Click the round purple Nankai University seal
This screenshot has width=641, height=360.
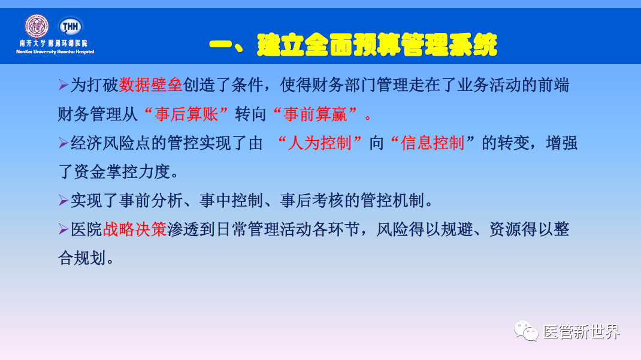click(x=37, y=26)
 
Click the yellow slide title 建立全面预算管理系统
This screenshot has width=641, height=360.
click(x=353, y=44)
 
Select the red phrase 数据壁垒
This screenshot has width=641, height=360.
click(x=150, y=84)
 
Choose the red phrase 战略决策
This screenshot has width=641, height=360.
click(x=135, y=229)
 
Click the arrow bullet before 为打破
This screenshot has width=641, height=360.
click(x=64, y=84)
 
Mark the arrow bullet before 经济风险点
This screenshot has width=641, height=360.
click(x=64, y=143)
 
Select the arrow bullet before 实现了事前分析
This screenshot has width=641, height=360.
click(x=64, y=200)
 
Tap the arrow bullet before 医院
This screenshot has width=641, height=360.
click(x=64, y=229)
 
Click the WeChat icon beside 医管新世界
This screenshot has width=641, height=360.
click(x=525, y=331)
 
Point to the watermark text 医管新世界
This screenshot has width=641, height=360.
click(x=581, y=331)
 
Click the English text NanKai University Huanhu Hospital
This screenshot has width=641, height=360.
click(x=55, y=52)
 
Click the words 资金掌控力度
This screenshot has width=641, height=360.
click(x=122, y=172)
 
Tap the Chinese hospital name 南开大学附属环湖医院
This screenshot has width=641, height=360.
click(x=53, y=43)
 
